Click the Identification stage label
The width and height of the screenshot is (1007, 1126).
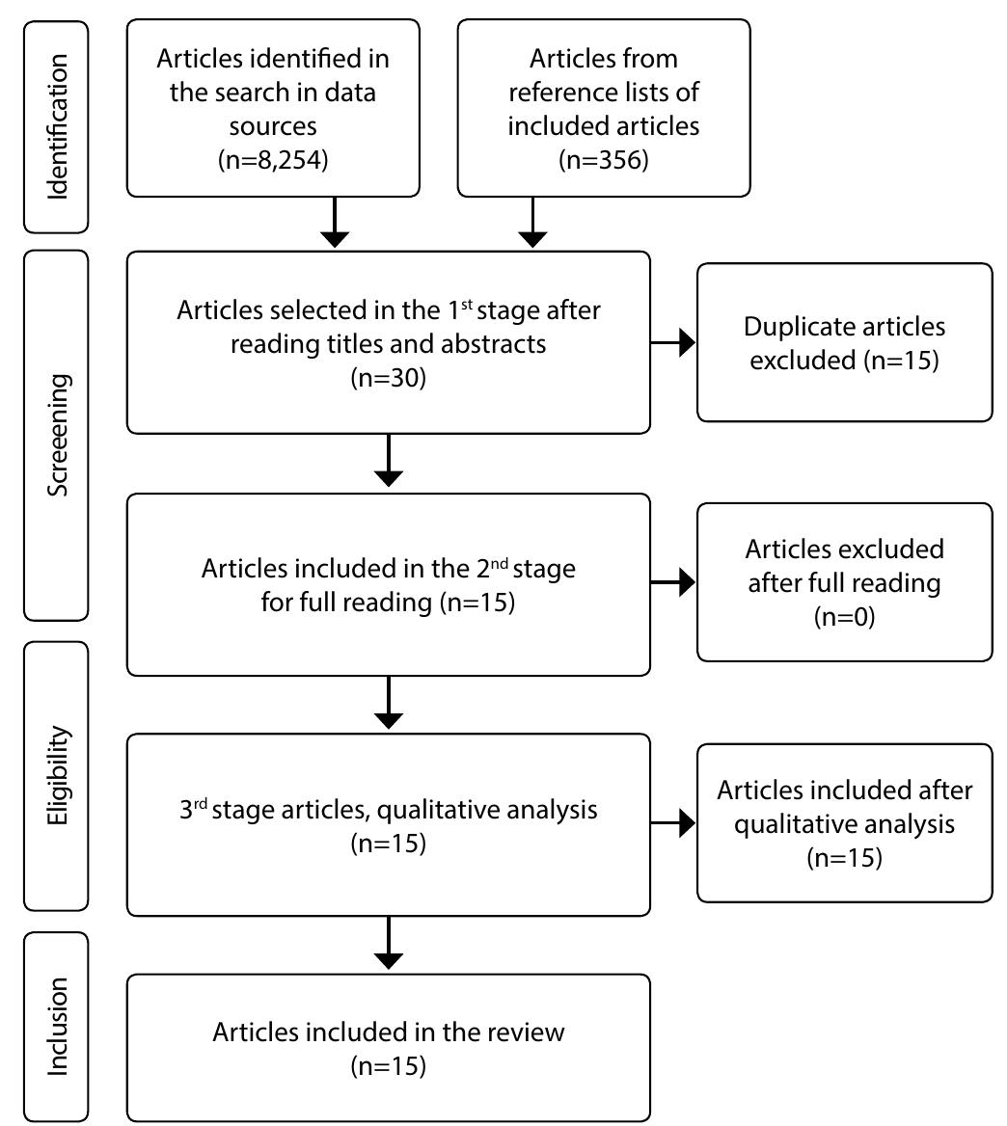[57, 125]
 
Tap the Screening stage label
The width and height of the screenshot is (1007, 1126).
[57, 435]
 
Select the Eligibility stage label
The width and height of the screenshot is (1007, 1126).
[57, 776]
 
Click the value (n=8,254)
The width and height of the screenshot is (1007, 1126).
[273, 159]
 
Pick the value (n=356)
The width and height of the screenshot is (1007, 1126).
[603, 159]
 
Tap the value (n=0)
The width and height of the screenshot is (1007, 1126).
[844, 617]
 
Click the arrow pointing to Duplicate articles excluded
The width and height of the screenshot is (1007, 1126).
[674, 342]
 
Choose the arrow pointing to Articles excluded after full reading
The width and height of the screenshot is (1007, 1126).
[674, 582]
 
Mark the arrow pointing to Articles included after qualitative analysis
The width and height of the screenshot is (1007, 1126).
[674, 823]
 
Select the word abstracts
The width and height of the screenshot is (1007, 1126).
[490, 344]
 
